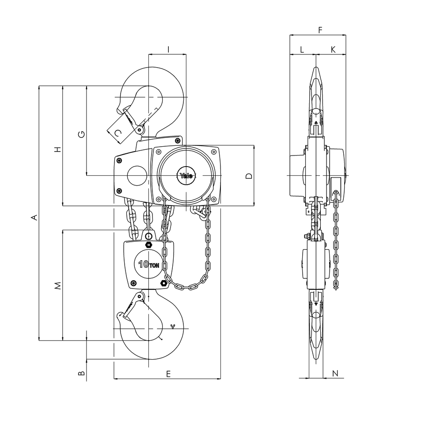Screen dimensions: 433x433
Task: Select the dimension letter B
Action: click(x=81, y=373)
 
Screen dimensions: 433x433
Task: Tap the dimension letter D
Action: click(x=249, y=176)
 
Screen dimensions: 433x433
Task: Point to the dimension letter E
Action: click(x=168, y=374)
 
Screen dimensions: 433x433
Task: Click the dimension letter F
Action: click(x=320, y=30)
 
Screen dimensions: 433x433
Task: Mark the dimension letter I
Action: click(x=168, y=49)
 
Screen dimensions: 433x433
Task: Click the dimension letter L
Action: click(x=302, y=49)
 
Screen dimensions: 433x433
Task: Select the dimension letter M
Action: click(x=57, y=286)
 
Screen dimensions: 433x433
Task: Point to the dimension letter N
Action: click(x=335, y=373)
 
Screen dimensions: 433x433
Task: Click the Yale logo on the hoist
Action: click(x=186, y=176)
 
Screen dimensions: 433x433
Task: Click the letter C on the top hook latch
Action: click(x=118, y=133)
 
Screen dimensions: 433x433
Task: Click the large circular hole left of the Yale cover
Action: click(x=137, y=175)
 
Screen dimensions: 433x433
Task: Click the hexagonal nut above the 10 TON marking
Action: click(x=148, y=245)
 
